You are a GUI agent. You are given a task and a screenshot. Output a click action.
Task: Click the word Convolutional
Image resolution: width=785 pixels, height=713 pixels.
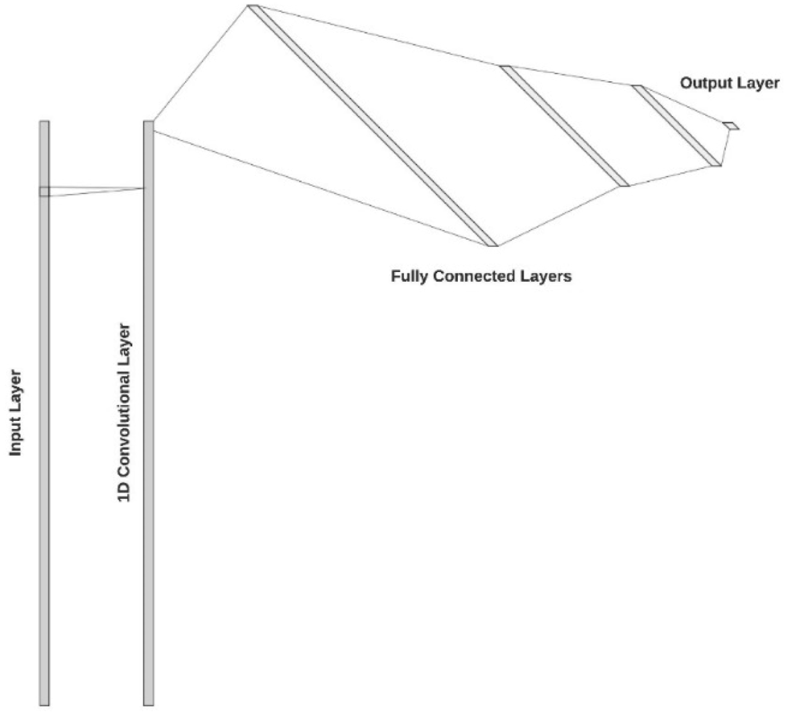(x=124, y=400)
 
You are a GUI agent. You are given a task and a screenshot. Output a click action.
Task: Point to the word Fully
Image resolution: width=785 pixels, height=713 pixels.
(x=410, y=277)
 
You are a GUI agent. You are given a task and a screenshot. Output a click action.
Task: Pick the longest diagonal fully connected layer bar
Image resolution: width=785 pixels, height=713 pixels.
(x=373, y=126)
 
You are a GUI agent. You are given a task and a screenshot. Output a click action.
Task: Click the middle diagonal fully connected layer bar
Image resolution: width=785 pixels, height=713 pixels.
(x=565, y=126)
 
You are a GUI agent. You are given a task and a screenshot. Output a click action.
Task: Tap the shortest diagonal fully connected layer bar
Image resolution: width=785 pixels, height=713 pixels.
(x=677, y=126)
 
